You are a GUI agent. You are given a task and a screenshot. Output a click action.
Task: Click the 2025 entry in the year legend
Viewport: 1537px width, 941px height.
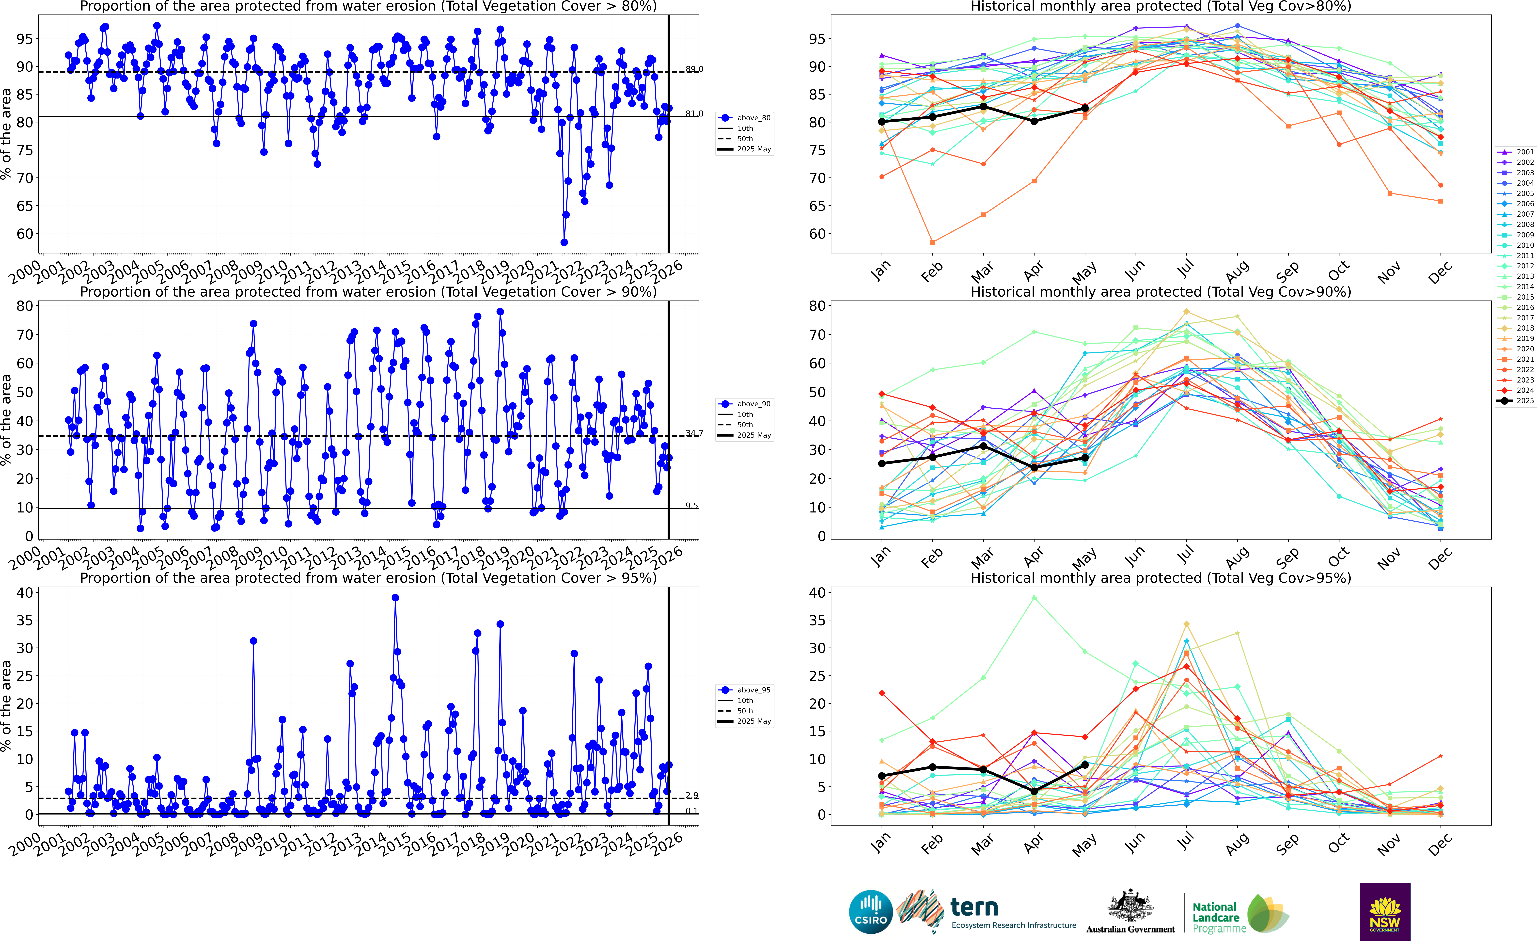click(1524, 401)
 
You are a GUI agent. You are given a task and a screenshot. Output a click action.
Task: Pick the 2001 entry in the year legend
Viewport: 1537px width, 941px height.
click(1524, 152)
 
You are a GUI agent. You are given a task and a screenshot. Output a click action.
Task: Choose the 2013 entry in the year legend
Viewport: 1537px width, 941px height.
click(1524, 276)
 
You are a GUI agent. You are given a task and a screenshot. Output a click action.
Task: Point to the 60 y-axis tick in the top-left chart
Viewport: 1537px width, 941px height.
click(25, 233)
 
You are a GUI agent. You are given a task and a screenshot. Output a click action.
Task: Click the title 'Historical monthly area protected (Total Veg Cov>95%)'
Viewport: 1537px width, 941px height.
click(1160, 578)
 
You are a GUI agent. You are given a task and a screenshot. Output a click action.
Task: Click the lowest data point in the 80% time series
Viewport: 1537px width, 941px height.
click(564, 242)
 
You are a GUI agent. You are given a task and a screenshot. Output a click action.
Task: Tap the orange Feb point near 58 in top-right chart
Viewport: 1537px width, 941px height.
click(933, 242)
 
